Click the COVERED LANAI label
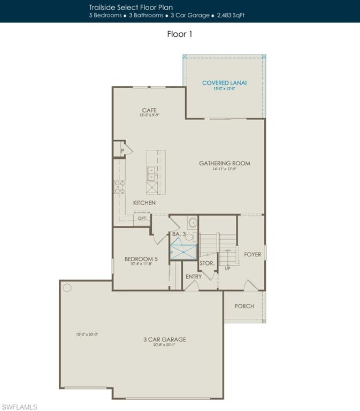click(x=224, y=83)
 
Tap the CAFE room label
click(x=149, y=110)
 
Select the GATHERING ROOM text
click(x=224, y=163)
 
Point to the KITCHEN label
click(x=144, y=203)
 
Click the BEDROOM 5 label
click(x=141, y=259)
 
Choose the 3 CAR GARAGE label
click(x=164, y=339)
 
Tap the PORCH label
click(x=244, y=306)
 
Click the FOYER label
click(x=252, y=254)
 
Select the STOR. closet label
click(x=207, y=263)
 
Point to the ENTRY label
click(x=194, y=277)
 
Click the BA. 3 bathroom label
click(x=178, y=234)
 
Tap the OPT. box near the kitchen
click(x=142, y=218)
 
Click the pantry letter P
click(x=122, y=151)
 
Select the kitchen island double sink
click(x=151, y=173)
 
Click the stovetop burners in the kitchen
click(x=120, y=186)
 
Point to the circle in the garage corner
click(x=67, y=288)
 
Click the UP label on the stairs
click(x=227, y=268)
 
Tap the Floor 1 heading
click(x=180, y=34)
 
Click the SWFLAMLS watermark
click(x=19, y=407)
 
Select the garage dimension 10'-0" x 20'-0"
click(x=87, y=334)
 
